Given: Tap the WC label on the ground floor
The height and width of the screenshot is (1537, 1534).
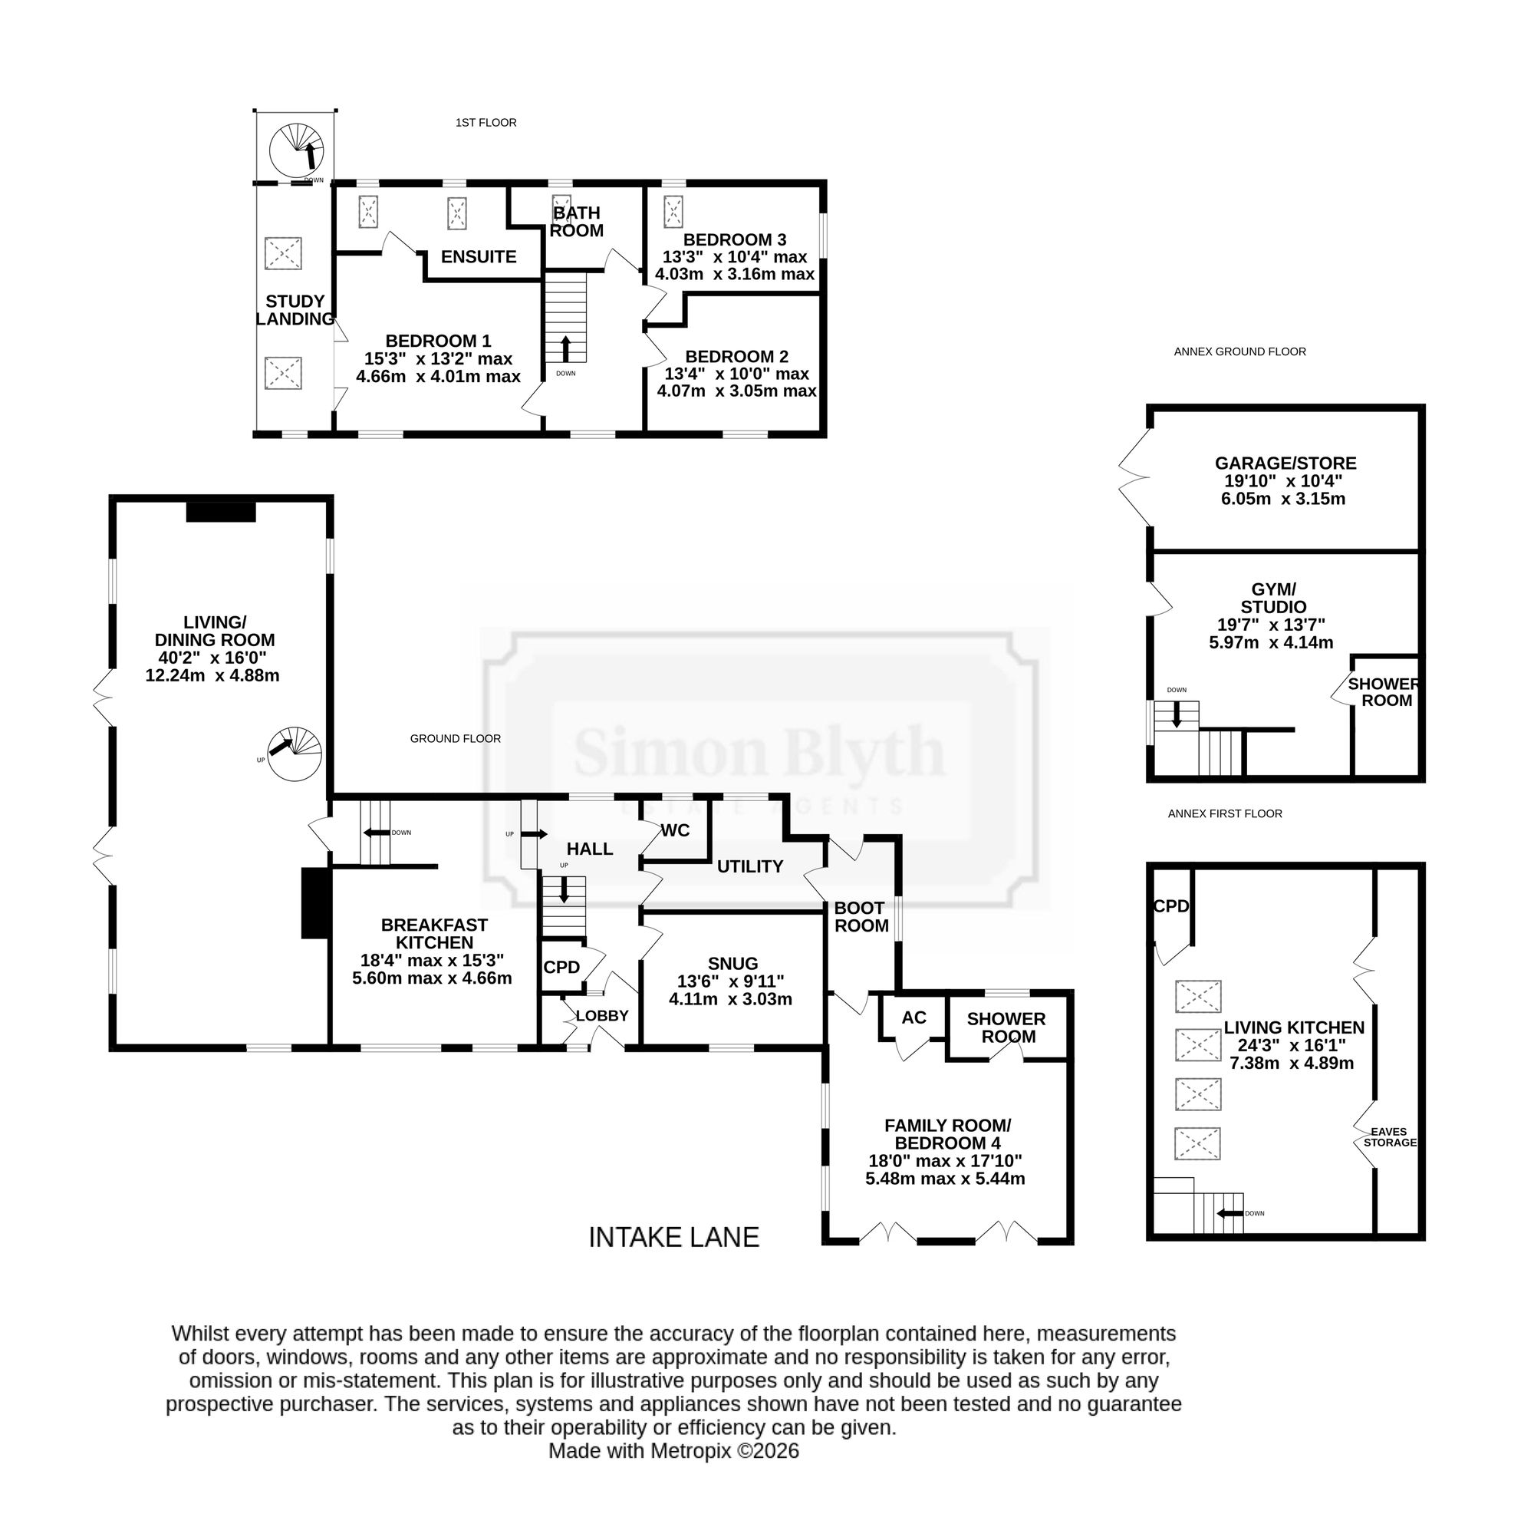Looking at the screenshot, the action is (675, 830).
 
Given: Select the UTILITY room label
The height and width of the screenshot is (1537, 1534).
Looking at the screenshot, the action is (750, 866).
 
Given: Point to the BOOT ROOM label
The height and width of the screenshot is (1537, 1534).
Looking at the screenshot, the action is (861, 916).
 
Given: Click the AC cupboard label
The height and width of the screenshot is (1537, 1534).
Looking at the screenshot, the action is (913, 1018).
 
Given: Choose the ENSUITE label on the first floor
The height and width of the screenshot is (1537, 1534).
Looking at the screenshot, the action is (479, 256).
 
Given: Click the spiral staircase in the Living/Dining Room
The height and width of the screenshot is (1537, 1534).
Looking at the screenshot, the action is (295, 754).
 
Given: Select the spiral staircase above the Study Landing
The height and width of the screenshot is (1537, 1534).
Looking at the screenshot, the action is (297, 150).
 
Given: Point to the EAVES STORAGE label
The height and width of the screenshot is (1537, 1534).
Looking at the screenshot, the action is (1389, 1137).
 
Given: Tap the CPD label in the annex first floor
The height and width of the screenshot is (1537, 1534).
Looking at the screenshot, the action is (1171, 906).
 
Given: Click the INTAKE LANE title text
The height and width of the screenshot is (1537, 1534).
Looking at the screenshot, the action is (673, 1237).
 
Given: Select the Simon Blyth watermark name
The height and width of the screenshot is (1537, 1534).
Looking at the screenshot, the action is (759, 751).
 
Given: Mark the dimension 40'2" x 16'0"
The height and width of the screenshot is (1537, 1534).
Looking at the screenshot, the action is (212, 658).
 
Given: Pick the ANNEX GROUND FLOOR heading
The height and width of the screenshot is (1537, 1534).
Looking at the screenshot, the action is (1239, 351).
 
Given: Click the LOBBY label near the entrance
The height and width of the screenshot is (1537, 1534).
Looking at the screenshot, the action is (602, 1016).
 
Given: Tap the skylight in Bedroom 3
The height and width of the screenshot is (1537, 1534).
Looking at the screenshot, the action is (673, 211).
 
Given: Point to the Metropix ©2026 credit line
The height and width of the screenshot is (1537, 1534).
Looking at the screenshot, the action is (673, 1451).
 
